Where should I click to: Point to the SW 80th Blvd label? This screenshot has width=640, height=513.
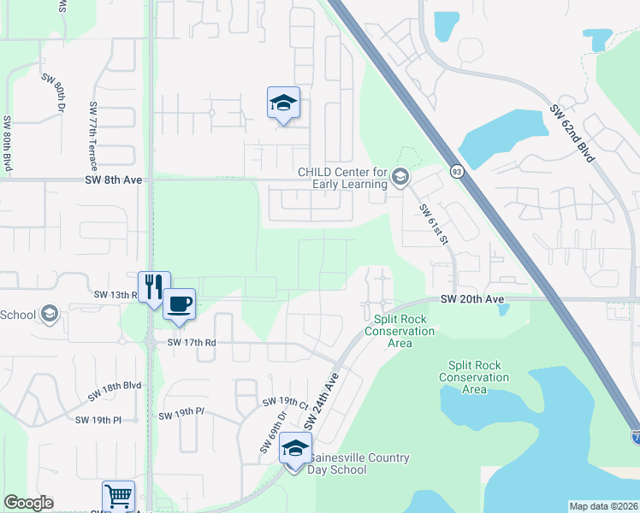(8, 145)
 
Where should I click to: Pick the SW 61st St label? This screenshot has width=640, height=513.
(433, 224)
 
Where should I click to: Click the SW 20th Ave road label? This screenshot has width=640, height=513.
(471, 299)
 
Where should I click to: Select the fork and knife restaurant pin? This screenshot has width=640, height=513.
(154, 288)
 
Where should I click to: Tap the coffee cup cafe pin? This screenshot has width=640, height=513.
(179, 305)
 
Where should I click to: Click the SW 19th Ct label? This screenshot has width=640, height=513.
(285, 401)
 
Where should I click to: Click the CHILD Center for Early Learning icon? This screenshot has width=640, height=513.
(400, 178)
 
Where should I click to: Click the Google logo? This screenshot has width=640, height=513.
(28, 503)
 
